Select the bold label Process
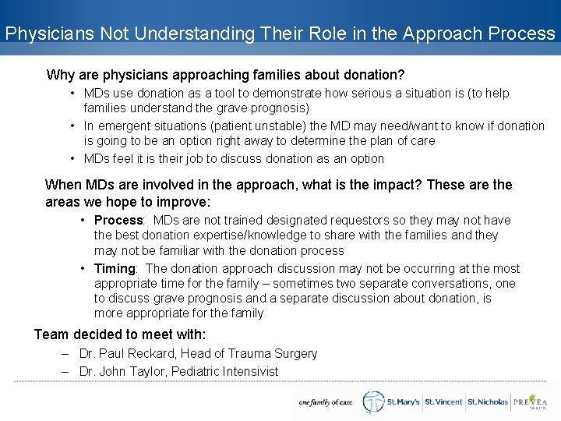click(x=118, y=220)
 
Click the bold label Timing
click(x=115, y=268)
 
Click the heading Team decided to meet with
click(x=120, y=334)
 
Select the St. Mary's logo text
click(x=403, y=402)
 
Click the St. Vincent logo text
click(x=443, y=402)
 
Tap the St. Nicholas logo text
click(x=487, y=402)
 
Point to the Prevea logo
click(x=531, y=402)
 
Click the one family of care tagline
click(x=325, y=403)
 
